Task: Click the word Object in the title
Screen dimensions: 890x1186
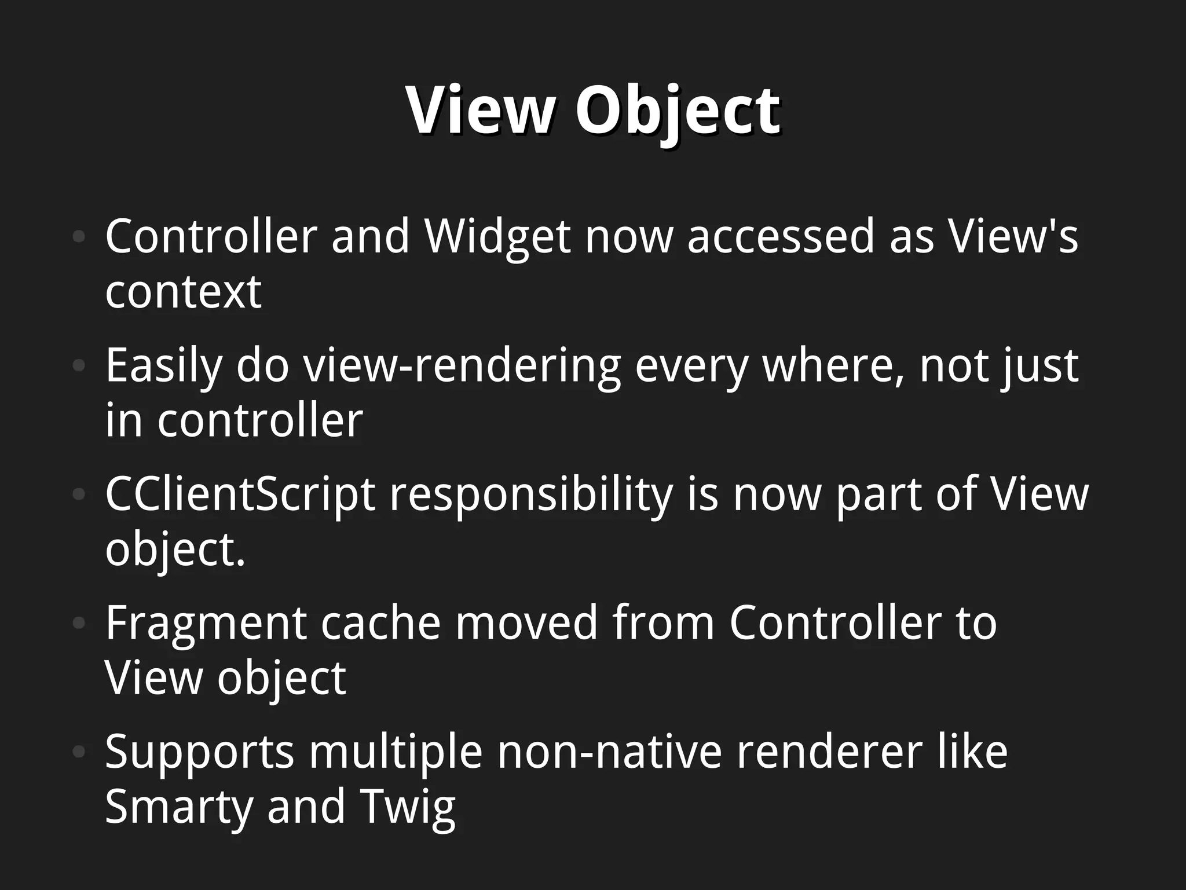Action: [x=677, y=110]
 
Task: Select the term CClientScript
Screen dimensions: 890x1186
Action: [x=240, y=495]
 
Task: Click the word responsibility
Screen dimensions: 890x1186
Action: [x=531, y=495]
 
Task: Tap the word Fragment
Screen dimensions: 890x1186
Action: [x=206, y=623]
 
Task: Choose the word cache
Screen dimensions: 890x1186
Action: [x=380, y=623]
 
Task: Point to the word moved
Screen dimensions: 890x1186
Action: [x=526, y=623]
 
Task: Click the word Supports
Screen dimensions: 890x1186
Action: [x=199, y=752]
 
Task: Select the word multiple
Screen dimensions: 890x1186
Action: [x=396, y=752]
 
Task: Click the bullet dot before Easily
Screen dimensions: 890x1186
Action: [x=79, y=366]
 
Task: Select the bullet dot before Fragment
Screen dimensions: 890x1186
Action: [x=79, y=623]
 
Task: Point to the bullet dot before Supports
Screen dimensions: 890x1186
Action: [x=79, y=752]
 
